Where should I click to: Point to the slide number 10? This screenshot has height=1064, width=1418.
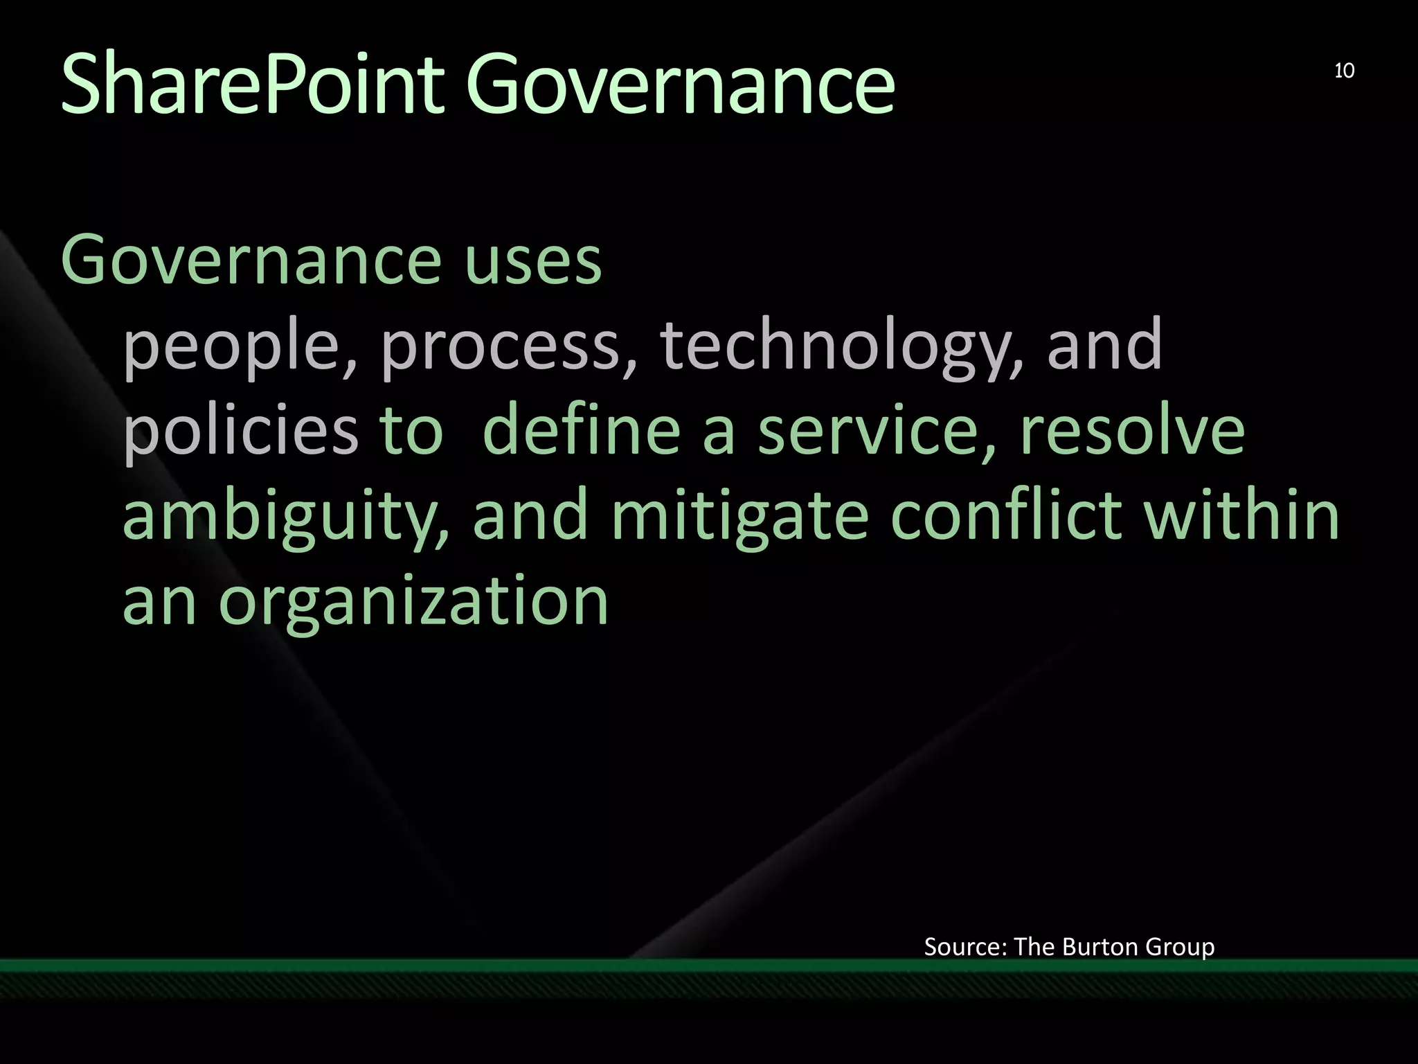1344,71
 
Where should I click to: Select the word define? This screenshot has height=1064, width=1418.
581,430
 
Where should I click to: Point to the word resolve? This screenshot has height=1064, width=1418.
1132,430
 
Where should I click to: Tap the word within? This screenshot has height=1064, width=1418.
1242,515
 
